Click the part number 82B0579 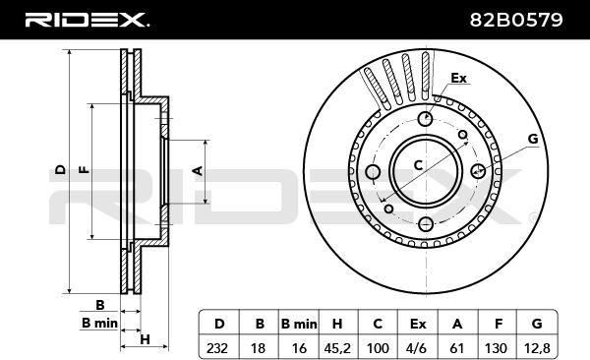(516, 20)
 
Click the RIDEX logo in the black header (87, 20)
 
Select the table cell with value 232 (219, 347)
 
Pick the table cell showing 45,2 (337, 347)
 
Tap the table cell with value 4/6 (417, 347)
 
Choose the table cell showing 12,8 (537, 347)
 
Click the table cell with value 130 (498, 347)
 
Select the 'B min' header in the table (299, 324)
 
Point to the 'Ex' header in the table (417, 324)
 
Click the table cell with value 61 (457, 347)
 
